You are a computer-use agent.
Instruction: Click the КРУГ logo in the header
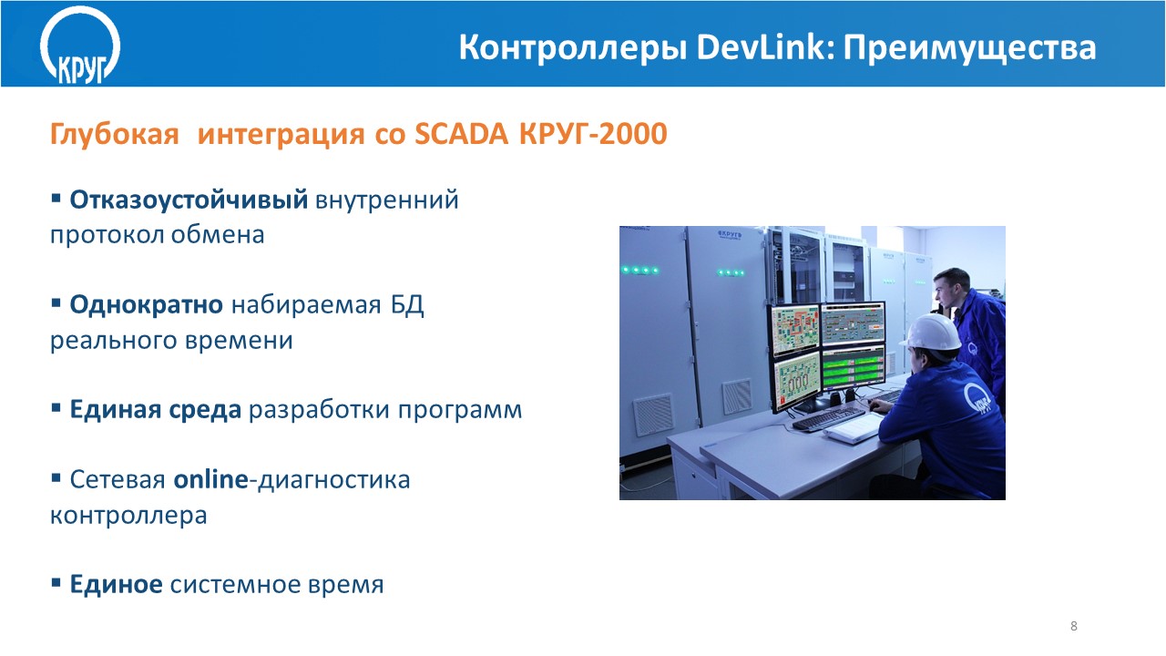tap(80, 46)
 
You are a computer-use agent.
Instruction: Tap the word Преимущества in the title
tap(970, 49)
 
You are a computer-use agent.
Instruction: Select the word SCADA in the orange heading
tap(461, 134)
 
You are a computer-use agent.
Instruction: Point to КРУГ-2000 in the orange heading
tap(593, 134)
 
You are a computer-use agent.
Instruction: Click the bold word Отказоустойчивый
tap(189, 200)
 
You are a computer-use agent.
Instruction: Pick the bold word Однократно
tap(147, 305)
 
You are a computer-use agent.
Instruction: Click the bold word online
tap(210, 479)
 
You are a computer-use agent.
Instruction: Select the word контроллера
tap(128, 517)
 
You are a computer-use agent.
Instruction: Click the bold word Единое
tap(116, 584)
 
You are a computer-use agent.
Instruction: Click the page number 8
tap(1073, 626)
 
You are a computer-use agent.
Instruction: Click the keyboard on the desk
tap(828, 418)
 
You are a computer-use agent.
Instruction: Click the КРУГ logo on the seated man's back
tap(977, 399)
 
